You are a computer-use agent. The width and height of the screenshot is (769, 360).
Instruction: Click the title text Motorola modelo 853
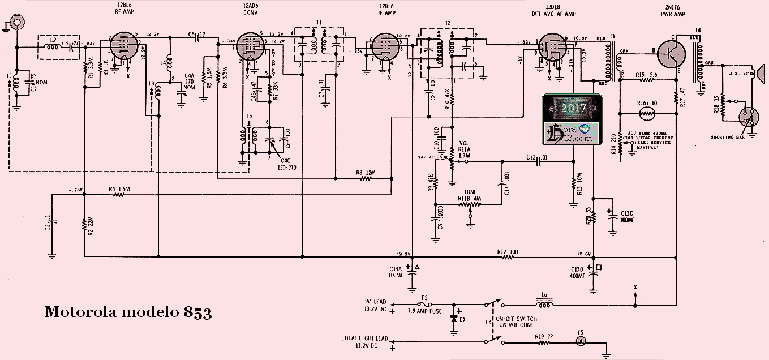(x=128, y=312)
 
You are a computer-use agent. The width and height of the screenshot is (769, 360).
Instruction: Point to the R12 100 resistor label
(x=507, y=252)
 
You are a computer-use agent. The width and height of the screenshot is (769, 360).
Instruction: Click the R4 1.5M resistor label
(x=119, y=189)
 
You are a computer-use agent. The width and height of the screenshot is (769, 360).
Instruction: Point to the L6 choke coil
(x=545, y=306)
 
